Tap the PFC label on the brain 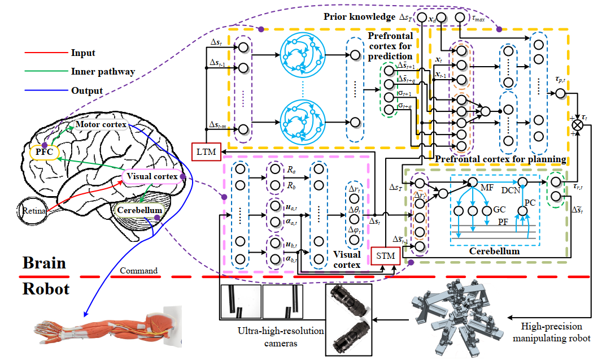pyautogui.click(x=41, y=152)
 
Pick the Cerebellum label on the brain pyautogui.click(x=139, y=210)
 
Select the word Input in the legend pyautogui.click(x=84, y=54)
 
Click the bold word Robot pyautogui.click(x=46, y=289)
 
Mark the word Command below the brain pyautogui.click(x=139, y=271)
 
